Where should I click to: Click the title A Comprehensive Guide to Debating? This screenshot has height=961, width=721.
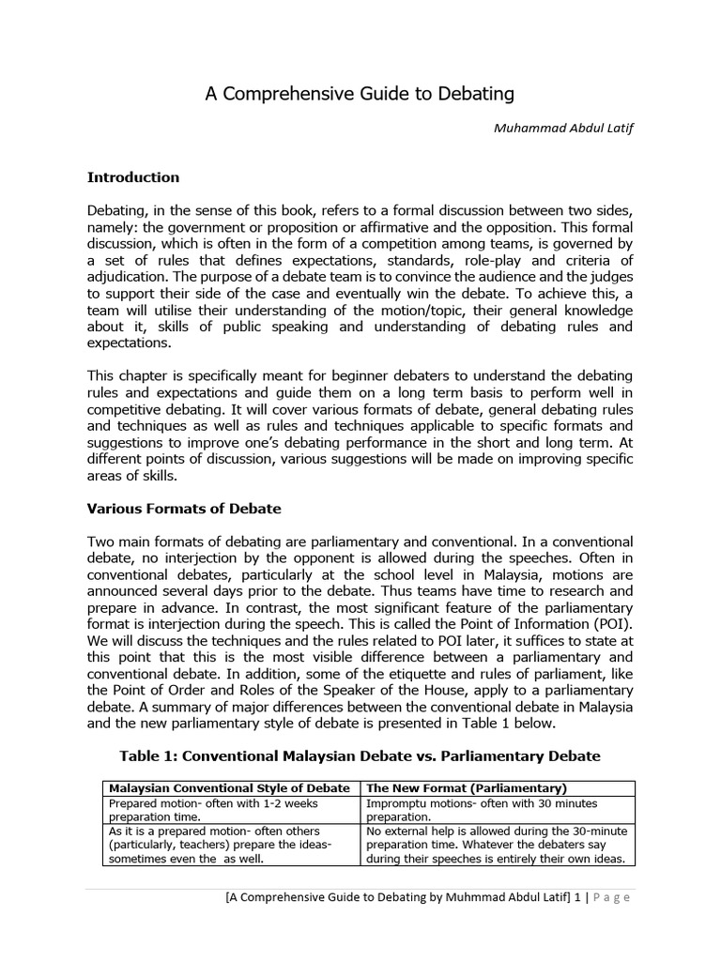[x=360, y=94]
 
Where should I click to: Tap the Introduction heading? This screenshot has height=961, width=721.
[x=133, y=176]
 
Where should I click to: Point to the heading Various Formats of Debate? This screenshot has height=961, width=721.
[x=184, y=509]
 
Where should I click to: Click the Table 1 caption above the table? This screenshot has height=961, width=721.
[x=360, y=755]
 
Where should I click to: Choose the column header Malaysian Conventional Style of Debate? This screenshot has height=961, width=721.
[x=229, y=787]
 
